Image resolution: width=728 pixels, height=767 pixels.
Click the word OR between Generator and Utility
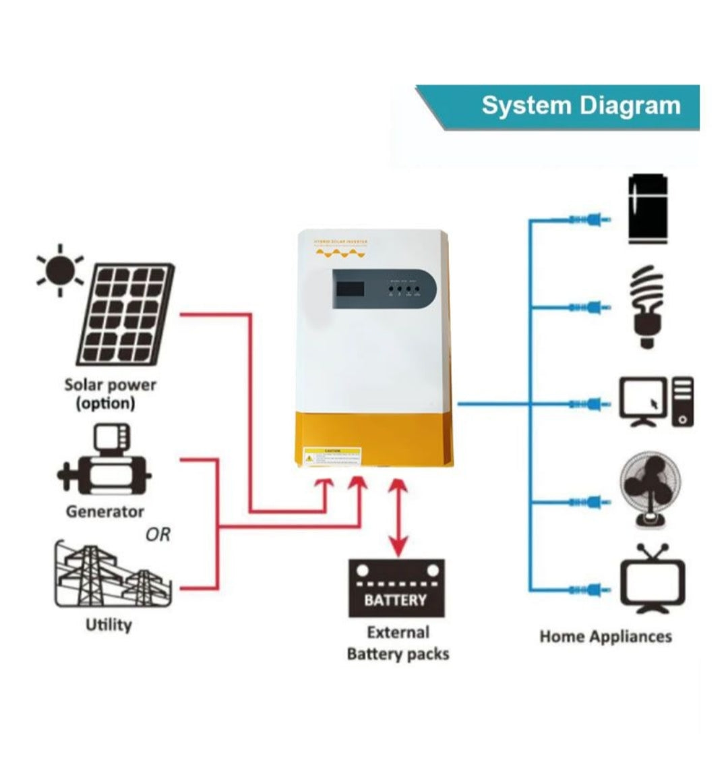pyautogui.click(x=158, y=534)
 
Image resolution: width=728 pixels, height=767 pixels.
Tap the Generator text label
pyautogui.click(x=105, y=512)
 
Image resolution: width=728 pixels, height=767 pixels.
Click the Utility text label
pyautogui.click(x=109, y=625)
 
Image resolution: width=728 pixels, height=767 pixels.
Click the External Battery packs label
pyautogui.click(x=398, y=643)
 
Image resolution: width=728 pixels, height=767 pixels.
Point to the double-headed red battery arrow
pyautogui.click(x=399, y=516)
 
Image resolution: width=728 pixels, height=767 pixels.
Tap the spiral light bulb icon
pyautogui.click(x=647, y=307)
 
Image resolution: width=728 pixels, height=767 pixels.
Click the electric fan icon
pyautogui.click(x=650, y=490)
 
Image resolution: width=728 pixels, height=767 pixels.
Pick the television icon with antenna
pyautogui.click(x=652, y=580)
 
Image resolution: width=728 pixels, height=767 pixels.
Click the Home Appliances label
pyautogui.click(x=605, y=636)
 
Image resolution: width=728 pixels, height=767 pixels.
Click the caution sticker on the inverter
pyautogui.click(x=332, y=455)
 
